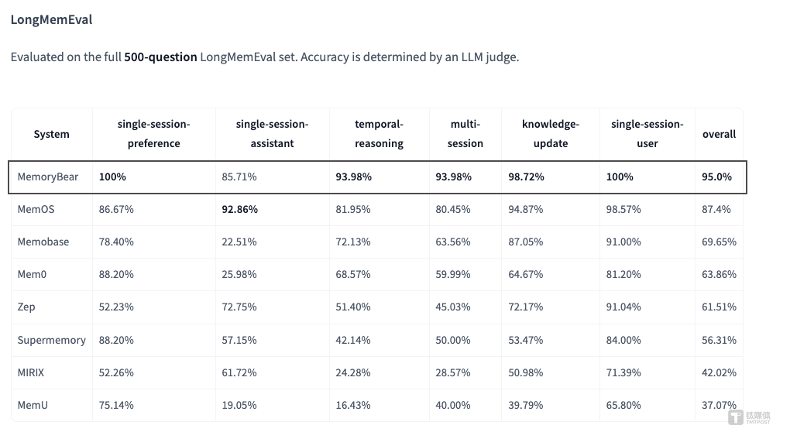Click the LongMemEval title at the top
point(51,19)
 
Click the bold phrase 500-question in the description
point(161,57)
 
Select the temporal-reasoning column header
point(379,134)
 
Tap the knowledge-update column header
point(551,134)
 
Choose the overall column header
point(719,134)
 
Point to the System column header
point(51,134)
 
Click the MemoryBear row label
point(48,177)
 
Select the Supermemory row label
point(51,341)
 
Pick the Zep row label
point(26,307)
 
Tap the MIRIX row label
point(31,372)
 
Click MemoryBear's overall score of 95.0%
point(716,177)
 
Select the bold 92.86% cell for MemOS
point(239,209)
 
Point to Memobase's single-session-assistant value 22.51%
point(239,242)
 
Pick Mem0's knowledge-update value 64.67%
point(525,274)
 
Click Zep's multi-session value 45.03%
point(453,307)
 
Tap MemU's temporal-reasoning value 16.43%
point(352,405)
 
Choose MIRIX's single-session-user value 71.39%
point(623,372)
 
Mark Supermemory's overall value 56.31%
point(719,341)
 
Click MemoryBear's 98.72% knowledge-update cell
point(526,177)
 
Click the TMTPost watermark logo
point(749,417)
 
